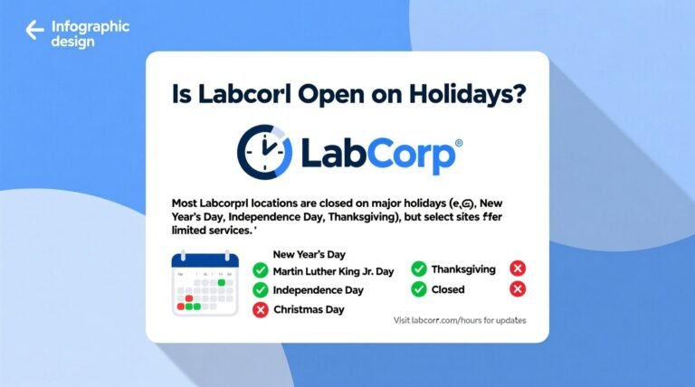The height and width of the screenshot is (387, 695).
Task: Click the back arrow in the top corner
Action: [x=34, y=31]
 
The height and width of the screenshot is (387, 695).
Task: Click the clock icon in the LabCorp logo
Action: [x=263, y=151]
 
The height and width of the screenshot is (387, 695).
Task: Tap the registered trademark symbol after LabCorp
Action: [x=458, y=143]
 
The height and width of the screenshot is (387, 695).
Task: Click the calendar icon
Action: [x=205, y=283]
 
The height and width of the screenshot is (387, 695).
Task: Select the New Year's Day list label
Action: [x=309, y=255]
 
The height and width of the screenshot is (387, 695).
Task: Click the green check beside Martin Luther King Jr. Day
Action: [x=261, y=270]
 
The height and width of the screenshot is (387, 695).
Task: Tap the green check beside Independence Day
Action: [x=261, y=290]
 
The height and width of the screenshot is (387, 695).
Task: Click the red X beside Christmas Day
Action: [x=261, y=310]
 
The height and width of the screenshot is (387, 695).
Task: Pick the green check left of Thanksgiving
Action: [x=419, y=269]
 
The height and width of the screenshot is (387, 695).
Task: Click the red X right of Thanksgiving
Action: [x=518, y=269]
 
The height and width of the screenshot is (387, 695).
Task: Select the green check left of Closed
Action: [x=419, y=289]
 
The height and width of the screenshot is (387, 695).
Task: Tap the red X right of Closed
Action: [x=518, y=289]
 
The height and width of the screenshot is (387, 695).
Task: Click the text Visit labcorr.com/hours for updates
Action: [x=460, y=321]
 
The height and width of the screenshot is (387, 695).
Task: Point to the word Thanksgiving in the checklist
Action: [x=463, y=269]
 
